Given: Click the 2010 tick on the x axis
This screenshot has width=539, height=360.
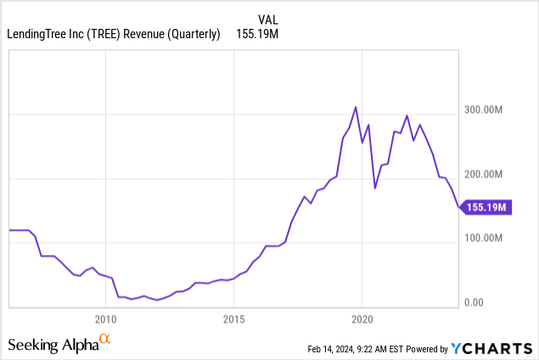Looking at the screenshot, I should coord(105,319).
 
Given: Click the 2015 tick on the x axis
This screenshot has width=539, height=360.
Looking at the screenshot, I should coord(233,319).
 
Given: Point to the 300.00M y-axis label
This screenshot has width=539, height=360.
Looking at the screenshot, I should coord(486,110).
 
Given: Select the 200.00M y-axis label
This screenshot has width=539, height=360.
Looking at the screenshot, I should coord(486,174).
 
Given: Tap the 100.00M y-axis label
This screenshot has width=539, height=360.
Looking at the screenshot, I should coord(486,239).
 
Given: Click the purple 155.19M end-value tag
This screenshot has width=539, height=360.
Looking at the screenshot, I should coord(487,207).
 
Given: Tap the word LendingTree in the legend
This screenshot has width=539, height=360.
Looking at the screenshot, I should coord(39,34).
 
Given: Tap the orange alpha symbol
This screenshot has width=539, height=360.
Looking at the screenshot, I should coord(105,340).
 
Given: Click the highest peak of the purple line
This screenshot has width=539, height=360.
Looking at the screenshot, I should coord(356,107).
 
